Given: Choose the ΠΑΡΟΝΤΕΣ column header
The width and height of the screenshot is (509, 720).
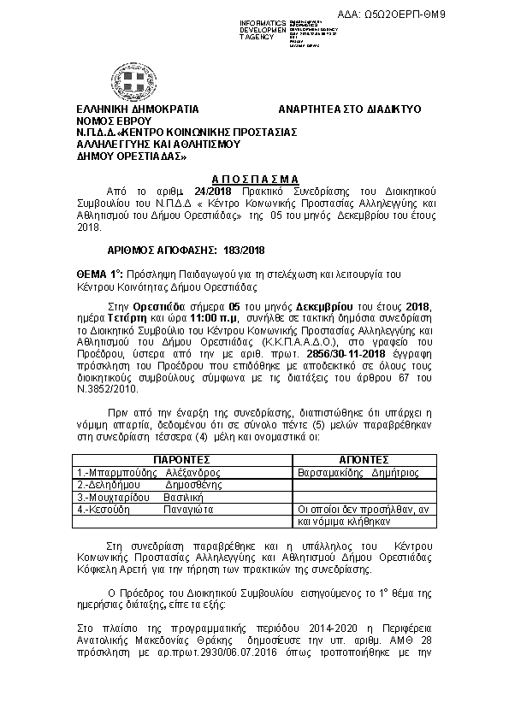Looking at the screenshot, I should tap(181, 458).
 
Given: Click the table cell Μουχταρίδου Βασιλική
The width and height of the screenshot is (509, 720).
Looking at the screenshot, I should tap(139, 496).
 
